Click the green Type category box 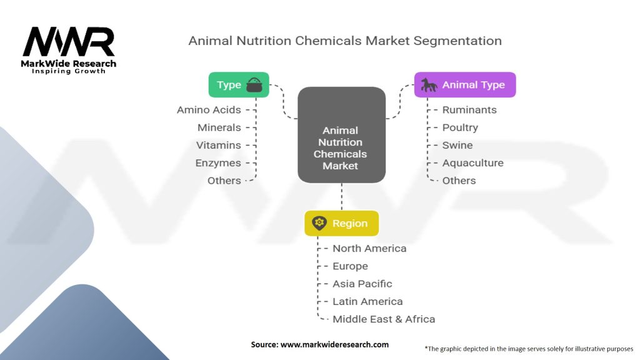[239, 85]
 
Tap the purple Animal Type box [465, 85]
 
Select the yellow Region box [342, 223]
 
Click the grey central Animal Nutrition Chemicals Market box [342, 135]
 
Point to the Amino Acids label [209, 110]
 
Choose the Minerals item [219, 127]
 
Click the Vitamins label [218, 145]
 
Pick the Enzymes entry [218, 163]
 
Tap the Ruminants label [469, 110]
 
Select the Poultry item [460, 127]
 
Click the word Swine [457, 145]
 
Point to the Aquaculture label [473, 163]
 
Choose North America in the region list [369, 248]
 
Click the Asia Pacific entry [362, 284]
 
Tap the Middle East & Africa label [384, 319]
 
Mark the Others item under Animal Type [459, 181]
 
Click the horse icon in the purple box [429, 85]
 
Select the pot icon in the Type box [254, 85]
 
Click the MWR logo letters [69, 42]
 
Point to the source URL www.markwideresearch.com [335, 344]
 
